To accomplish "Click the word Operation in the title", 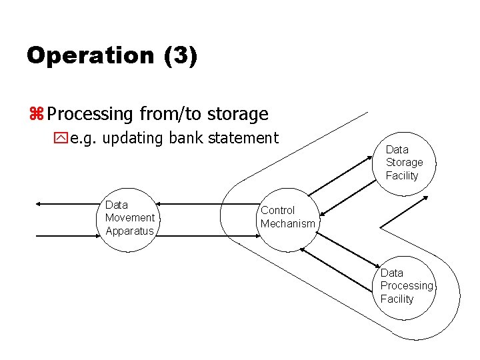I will point(90,55).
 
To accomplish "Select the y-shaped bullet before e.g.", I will point(61,139).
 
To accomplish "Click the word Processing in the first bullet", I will point(91,115).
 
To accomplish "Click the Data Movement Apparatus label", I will point(129,218).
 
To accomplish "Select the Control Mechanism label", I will point(287,217).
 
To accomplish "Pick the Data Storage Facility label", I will point(404,163).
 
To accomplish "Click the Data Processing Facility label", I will point(406,286).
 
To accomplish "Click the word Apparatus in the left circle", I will point(129,231).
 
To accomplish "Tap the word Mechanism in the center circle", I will point(287,224).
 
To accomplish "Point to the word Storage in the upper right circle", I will point(404,163).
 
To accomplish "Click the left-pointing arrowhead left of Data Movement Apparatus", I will point(39,203).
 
